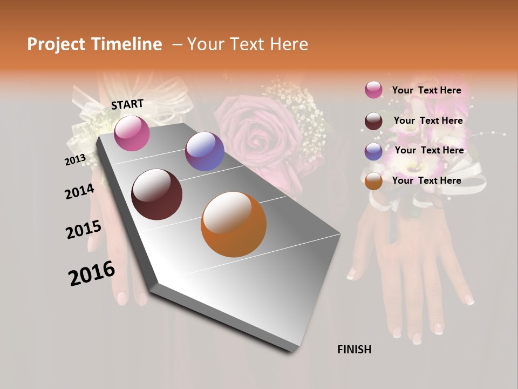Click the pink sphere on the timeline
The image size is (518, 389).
pos(132,133)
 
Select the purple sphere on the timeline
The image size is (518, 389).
pos(205,151)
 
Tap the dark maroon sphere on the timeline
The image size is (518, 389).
pos(157,194)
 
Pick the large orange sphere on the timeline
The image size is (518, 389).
pos(234,224)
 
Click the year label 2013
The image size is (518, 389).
pos(75,160)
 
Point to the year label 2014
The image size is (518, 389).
pos(79,191)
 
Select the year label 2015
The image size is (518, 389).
pos(84,230)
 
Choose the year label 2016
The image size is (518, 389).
pos(92,273)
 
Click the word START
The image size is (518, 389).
pos(127,104)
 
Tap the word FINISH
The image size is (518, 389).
pos(355,350)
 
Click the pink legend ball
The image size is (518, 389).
pos(373,90)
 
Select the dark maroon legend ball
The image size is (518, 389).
pos(373,121)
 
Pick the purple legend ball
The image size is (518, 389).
pos(373,151)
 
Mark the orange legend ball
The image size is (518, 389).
pos(373,182)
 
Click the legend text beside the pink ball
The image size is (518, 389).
pos(426,91)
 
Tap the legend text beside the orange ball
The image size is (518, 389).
pos(426,180)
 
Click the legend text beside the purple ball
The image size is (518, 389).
pos(429,150)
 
